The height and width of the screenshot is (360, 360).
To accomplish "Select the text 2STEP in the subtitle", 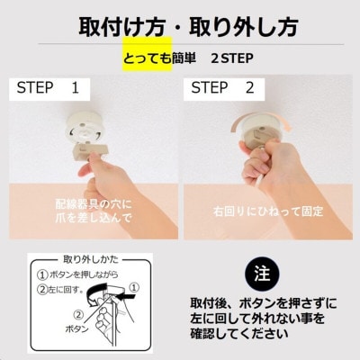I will tap(231, 60).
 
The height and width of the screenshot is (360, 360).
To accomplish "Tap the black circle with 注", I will tap(261, 273).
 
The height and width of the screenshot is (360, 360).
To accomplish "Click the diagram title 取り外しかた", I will tap(88, 259).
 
